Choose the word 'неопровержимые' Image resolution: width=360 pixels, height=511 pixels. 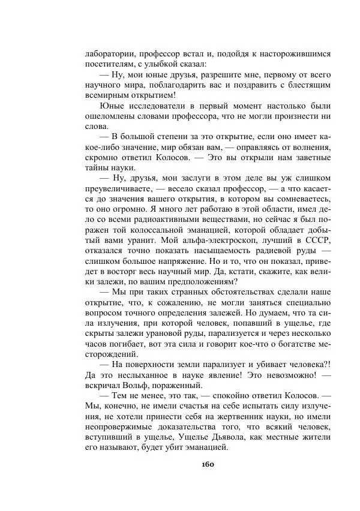pyautogui.click(x=121, y=428)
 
